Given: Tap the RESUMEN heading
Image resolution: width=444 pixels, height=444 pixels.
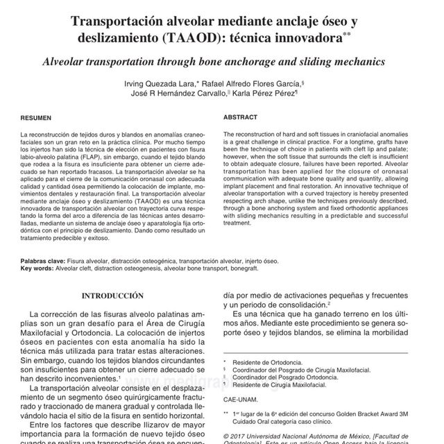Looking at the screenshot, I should tap(35, 119).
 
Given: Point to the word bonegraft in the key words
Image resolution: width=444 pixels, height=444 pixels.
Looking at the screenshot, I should tap(262, 268).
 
